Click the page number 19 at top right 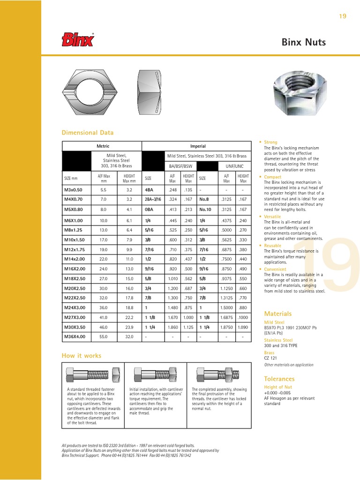click(x=342, y=16)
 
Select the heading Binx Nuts click(x=303, y=43)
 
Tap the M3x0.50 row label click(x=73, y=190)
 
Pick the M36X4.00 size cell click(x=74, y=337)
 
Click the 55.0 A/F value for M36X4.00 click(x=104, y=337)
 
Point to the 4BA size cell click(x=150, y=190)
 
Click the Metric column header click(x=102, y=146)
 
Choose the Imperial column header click(x=198, y=146)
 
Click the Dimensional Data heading click(x=88, y=133)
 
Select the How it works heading click(x=82, y=356)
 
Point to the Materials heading click(x=277, y=314)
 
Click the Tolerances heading click(x=279, y=379)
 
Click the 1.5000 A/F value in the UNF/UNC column click(x=226, y=307)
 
